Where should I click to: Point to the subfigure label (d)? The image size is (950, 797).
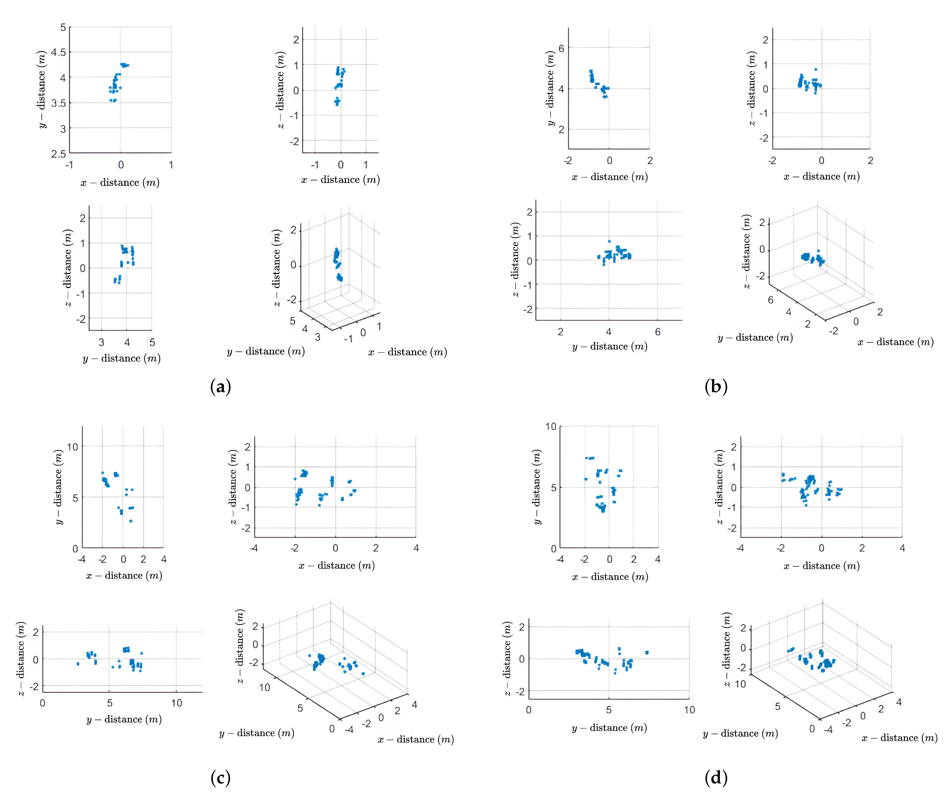click(716, 778)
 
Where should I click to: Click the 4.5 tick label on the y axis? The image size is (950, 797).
click(58, 52)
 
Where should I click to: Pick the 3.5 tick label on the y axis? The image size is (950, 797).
click(58, 103)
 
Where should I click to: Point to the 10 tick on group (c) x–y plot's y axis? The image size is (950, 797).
click(72, 447)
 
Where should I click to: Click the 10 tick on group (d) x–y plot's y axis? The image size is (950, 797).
click(550, 426)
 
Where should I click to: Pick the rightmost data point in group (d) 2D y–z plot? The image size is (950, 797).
click(647, 652)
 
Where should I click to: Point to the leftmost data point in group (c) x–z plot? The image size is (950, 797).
click(295, 479)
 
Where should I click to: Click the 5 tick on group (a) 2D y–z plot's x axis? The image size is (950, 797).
click(152, 342)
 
